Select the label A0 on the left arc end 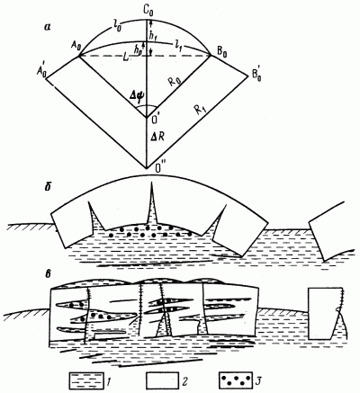(x=75, y=49)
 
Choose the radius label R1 (x=200, y=111)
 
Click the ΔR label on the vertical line (x=157, y=138)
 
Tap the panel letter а (x=48, y=27)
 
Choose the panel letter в (x=48, y=275)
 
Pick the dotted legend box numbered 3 (x=235, y=380)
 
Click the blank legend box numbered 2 (x=161, y=380)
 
